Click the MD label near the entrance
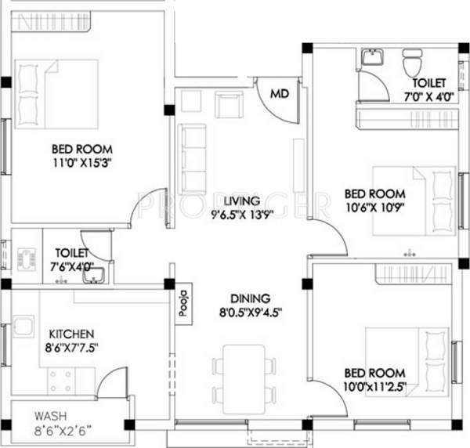click(x=278, y=94)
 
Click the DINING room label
click(x=250, y=298)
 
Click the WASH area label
click(x=49, y=416)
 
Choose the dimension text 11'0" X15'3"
click(x=82, y=164)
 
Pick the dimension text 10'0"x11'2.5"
click(x=373, y=386)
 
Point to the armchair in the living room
click(x=229, y=103)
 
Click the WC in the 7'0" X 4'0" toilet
click(x=411, y=60)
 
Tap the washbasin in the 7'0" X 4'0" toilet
click(x=371, y=59)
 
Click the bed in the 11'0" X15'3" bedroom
click(x=56, y=91)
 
